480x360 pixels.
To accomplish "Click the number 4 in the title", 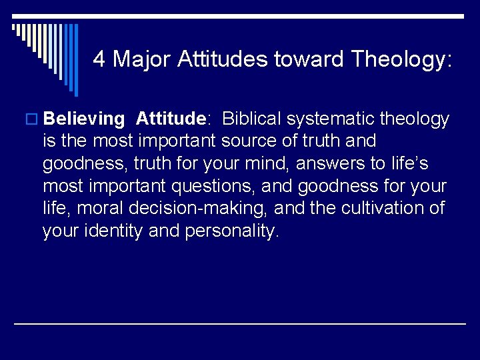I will click(99, 59).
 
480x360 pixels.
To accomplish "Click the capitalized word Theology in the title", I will click(400, 60).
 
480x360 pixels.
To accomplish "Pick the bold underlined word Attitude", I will click(171, 119).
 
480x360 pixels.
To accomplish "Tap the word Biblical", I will click(253, 119).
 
